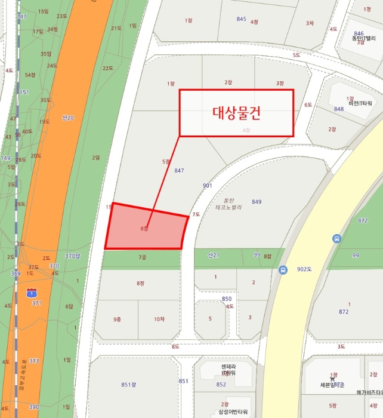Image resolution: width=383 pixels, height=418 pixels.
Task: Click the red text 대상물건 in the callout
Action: pyautogui.click(x=237, y=112)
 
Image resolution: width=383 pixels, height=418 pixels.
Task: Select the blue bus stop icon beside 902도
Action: pyautogui.click(x=283, y=269)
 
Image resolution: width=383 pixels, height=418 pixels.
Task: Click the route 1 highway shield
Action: pyautogui.click(x=32, y=293)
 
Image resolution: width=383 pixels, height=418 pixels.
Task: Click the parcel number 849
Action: pyautogui.click(x=257, y=202)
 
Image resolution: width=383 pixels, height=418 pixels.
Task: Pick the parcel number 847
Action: pyautogui.click(x=179, y=171)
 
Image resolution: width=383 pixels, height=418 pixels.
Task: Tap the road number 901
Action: pyautogui.click(x=207, y=186)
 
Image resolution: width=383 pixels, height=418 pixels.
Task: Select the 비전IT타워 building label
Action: pyautogui.click(x=360, y=103)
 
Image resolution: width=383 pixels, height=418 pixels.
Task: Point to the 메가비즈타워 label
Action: pyautogui.click(x=369, y=392)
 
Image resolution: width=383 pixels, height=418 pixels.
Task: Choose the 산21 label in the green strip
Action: pyautogui.click(x=214, y=256)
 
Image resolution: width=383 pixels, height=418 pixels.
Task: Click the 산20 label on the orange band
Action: pyautogui.click(x=68, y=118)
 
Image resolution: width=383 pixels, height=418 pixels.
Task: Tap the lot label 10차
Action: pyautogui.click(x=159, y=319)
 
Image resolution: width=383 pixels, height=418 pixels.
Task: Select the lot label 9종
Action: pyautogui.click(x=117, y=319)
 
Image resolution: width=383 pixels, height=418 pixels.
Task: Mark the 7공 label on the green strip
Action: pyautogui.click(x=142, y=257)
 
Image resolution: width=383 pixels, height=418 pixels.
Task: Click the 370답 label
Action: pyautogui.click(x=72, y=256)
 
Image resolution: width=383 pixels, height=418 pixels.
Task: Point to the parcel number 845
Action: pyautogui.click(x=241, y=19)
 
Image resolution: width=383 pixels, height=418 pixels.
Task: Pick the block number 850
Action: pyautogui.click(x=227, y=299)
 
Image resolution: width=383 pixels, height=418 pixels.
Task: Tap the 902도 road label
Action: pyautogui.click(x=305, y=269)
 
